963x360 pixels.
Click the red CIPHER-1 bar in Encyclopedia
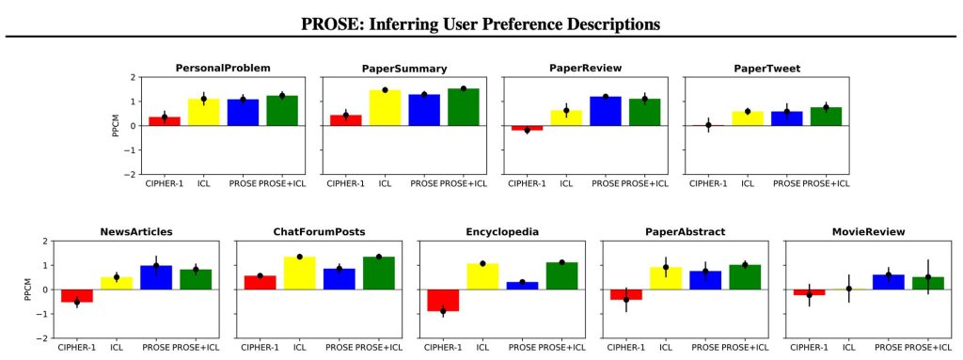coord(442,301)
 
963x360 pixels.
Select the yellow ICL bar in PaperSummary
coord(385,107)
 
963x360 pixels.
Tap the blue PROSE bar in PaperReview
coord(605,111)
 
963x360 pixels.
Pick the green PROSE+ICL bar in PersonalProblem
coord(282,111)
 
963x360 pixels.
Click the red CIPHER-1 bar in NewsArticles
coord(77,295)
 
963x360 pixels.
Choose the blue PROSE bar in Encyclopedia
coord(521,286)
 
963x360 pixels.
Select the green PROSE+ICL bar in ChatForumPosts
coord(378,274)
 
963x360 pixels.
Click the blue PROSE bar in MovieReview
coord(888,282)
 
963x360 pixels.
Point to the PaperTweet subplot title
coord(766,69)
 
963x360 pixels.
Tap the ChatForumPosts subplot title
coord(319,232)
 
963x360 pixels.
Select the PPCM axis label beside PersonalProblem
coord(116,125)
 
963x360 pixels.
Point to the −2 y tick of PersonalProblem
coord(130,175)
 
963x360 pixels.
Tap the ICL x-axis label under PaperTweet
coord(748,183)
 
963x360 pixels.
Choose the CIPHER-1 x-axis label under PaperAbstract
coord(624,348)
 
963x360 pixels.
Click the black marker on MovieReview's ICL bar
coord(849,289)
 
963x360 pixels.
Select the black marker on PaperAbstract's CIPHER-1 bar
coord(625,300)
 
